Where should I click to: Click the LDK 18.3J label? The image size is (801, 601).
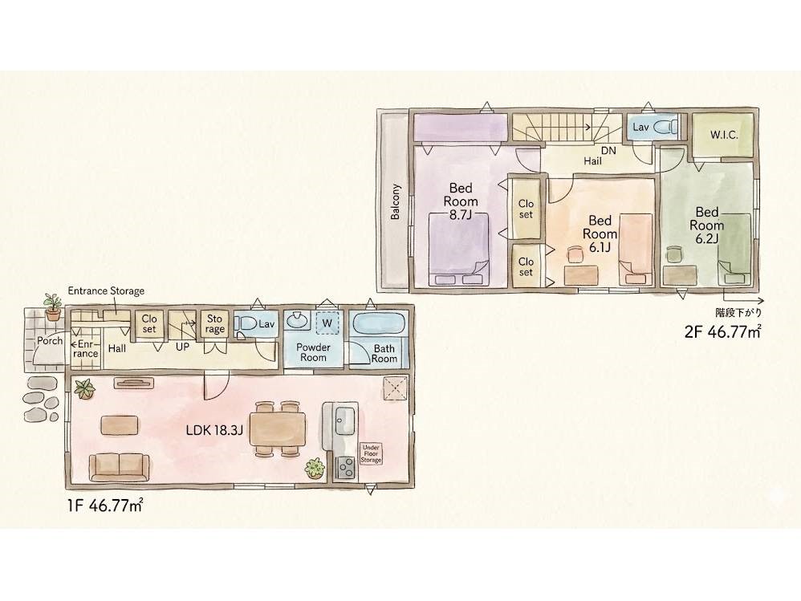(214, 430)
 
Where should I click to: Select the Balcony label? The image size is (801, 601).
(396, 201)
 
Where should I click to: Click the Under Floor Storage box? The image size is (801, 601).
(372, 453)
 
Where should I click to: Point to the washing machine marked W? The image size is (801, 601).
(327, 323)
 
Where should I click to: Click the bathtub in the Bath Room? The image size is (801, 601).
(379, 323)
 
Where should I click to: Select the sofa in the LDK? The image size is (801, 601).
(120, 467)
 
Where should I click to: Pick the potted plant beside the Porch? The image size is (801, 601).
(51, 307)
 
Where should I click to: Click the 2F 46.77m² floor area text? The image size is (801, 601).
(723, 332)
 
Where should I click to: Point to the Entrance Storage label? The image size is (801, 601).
(106, 291)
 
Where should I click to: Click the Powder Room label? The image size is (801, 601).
(313, 352)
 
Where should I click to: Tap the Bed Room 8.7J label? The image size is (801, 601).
(461, 201)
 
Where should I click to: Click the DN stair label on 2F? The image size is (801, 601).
(608, 151)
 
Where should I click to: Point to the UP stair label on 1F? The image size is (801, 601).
(182, 347)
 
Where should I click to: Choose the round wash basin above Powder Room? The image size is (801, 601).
(296, 321)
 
